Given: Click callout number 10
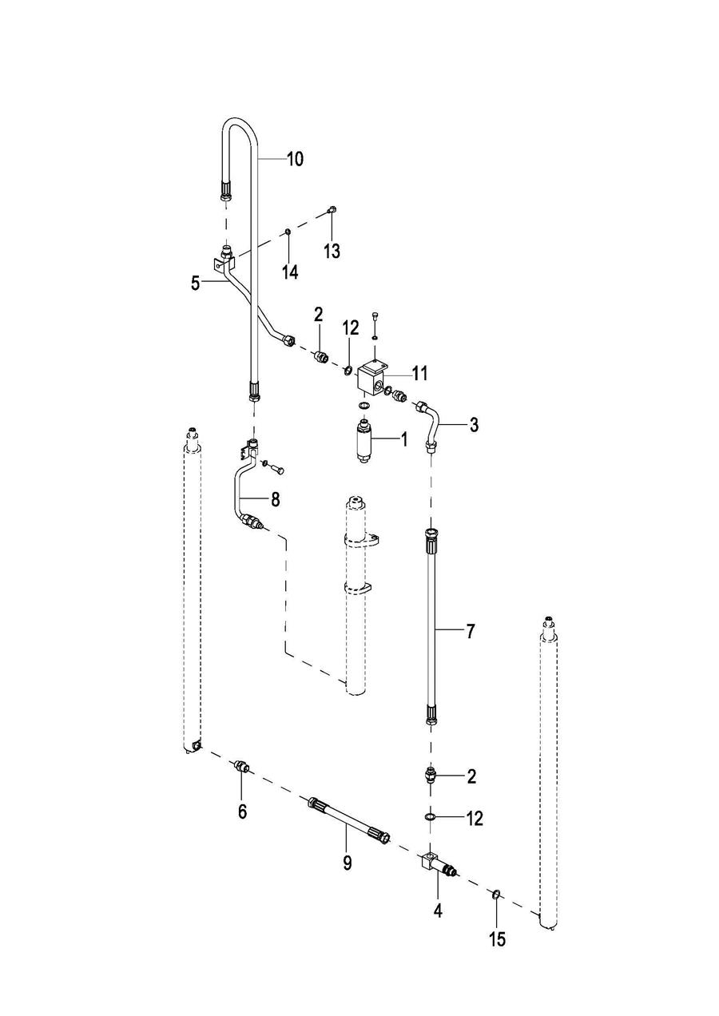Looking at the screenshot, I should (295, 159).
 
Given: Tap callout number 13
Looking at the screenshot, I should (332, 252).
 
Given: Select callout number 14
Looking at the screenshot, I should (289, 272).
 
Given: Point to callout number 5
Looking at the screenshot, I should (196, 282).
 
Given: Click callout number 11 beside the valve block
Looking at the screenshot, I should (420, 372).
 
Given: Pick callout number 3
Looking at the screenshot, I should (474, 425).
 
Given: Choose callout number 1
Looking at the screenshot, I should (403, 439).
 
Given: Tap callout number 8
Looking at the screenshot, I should (275, 500).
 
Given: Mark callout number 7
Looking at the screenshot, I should (470, 631).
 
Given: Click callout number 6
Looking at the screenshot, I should (242, 812).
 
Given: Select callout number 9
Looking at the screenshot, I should (347, 863).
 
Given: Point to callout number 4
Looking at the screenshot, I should (438, 910).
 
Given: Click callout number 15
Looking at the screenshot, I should (497, 939).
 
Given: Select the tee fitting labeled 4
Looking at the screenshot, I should (431, 864).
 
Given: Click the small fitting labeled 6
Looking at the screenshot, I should (241, 768).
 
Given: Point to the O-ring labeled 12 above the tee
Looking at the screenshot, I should (429, 817).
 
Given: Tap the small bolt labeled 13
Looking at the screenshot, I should (332, 211).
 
